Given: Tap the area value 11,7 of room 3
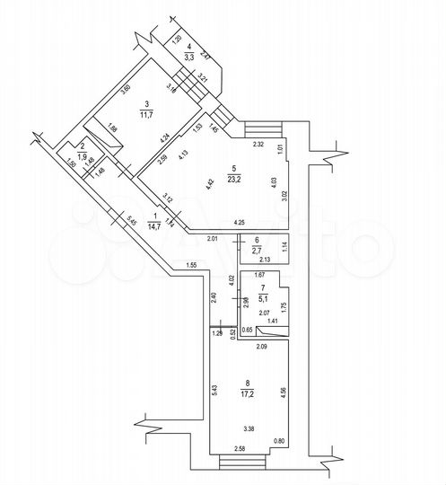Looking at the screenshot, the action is coord(145,113).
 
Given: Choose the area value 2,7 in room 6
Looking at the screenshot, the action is coord(257,250).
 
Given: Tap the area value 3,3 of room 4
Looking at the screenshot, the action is coord(189,57).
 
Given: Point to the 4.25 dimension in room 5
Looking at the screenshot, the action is coord(240,222).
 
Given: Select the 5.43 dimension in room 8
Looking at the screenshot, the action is coord(215,387).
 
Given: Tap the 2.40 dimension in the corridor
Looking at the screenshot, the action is coord(215,297).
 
